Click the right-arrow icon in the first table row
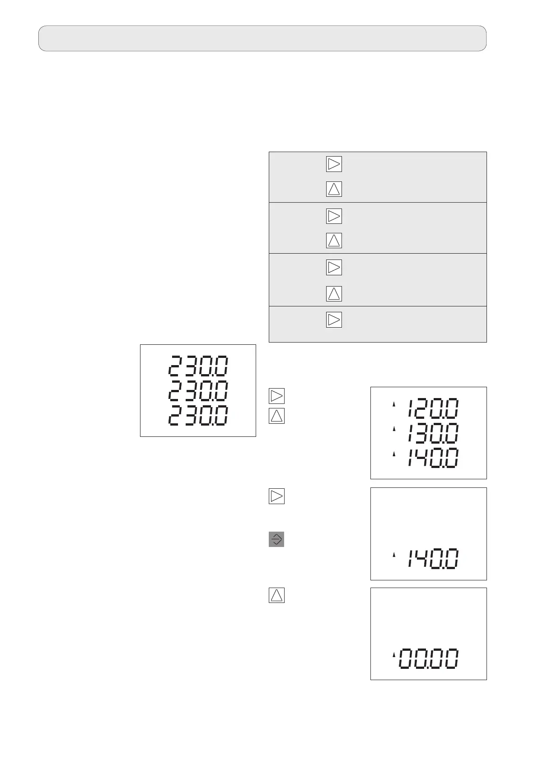[334, 164]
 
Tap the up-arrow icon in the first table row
[334, 189]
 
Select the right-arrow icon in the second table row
[334, 216]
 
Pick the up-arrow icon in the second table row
[334, 241]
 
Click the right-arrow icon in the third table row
[334, 267]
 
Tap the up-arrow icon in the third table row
[334, 294]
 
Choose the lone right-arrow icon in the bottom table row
[334, 320]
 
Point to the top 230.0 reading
[198, 366]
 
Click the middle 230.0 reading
[198, 391]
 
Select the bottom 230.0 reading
[198, 416]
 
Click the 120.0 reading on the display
[433, 409]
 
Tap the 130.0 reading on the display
[433, 433]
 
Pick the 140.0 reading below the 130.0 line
[433, 458]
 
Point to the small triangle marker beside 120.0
[393, 405]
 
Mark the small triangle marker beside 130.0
[393, 428]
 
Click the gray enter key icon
[276, 539]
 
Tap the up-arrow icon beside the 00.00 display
[276, 596]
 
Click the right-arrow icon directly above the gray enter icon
[276, 496]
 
